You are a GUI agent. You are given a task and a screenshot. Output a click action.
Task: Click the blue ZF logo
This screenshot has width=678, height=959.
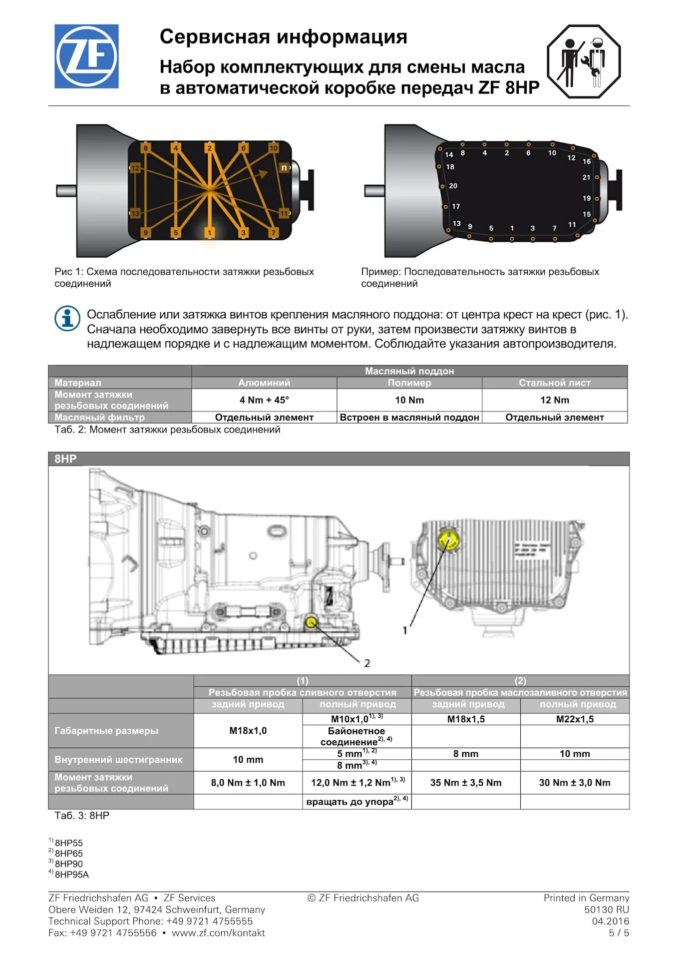click(x=86, y=56)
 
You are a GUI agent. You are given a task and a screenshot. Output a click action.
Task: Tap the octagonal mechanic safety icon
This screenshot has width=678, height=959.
click(x=584, y=61)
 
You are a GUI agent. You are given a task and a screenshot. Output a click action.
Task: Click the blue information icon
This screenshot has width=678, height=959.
click(x=67, y=318)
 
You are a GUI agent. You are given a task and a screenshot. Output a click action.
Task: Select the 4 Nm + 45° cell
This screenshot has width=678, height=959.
click(x=264, y=400)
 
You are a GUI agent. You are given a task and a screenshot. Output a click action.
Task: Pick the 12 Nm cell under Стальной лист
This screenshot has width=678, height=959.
click(x=554, y=400)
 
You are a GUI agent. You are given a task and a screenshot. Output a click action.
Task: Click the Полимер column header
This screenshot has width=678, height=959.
click(x=409, y=383)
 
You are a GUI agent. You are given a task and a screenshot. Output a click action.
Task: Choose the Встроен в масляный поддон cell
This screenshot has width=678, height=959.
click(x=409, y=418)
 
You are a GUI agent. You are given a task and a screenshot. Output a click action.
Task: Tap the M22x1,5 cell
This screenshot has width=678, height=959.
click(x=575, y=719)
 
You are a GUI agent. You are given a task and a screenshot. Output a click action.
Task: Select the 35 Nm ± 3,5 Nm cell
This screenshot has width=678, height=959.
click(x=465, y=783)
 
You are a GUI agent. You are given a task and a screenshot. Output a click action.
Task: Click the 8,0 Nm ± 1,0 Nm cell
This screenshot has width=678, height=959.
click(x=248, y=783)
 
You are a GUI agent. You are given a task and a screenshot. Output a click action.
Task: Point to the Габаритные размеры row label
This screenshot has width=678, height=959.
click(x=106, y=731)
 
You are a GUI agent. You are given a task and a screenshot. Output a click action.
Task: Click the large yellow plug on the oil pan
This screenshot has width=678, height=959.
click(x=448, y=540)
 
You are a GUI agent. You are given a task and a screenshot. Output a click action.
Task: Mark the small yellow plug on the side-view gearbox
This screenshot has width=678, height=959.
click(x=311, y=622)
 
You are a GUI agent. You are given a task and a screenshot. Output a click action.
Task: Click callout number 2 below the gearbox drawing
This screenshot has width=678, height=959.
click(x=367, y=663)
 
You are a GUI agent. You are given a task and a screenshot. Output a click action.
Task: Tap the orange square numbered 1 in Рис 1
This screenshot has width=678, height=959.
click(x=210, y=233)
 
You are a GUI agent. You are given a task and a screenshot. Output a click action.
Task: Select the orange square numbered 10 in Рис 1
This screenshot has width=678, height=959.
click(x=273, y=148)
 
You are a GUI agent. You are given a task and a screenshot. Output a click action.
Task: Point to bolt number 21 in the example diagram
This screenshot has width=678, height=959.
click(x=586, y=177)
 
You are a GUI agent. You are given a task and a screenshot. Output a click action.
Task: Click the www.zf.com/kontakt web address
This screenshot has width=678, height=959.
click(x=218, y=933)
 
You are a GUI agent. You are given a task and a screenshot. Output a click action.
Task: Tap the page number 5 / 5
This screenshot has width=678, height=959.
click(x=619, y=933)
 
